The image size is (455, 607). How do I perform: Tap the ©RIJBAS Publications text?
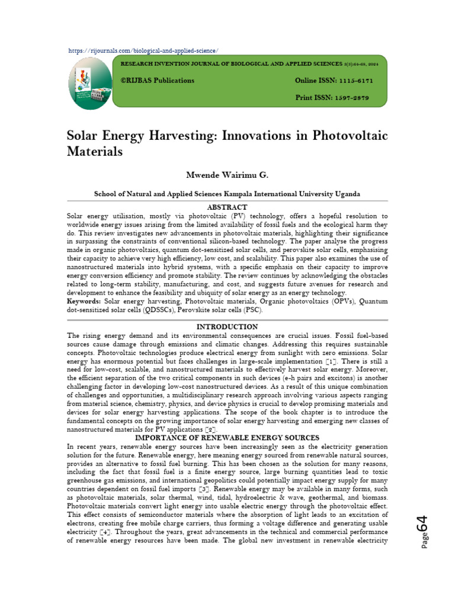point(157,81)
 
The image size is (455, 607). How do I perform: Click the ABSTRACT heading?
point(227,207)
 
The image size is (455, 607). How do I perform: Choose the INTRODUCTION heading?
point(227,327)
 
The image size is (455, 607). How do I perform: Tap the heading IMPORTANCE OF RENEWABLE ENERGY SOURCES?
point(227,437)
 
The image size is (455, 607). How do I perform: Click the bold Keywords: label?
point(85,302)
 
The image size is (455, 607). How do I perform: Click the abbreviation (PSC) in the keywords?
point(251,310)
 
